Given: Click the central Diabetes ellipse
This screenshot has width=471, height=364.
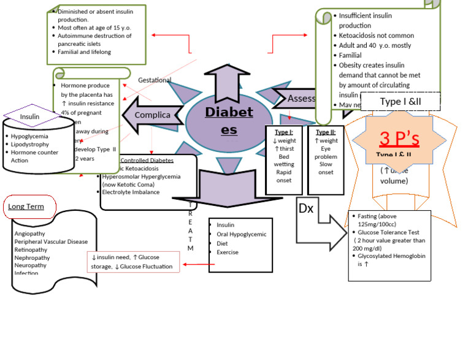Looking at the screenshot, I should [x=228, y=121].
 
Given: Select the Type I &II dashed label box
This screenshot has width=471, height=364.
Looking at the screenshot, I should [x=400, y=101].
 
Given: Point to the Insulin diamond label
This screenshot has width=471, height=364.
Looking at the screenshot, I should [x=29, y=116].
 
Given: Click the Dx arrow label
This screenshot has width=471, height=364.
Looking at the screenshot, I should [x=306, y=208].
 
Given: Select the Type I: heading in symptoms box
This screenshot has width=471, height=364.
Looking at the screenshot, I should [x=283, y=132].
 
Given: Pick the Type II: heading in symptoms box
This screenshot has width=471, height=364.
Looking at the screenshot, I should [x=325, y=132].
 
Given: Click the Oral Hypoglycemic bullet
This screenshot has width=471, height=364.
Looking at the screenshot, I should [x=241, y=233].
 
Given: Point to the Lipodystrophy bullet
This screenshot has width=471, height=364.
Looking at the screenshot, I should [x=33, y=144].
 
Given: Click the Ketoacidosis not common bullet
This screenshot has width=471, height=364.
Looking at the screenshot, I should [x=376, y=36].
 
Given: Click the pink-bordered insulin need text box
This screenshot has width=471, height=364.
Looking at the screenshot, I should [x=133, y=262].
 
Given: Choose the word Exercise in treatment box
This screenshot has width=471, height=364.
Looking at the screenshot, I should [x=228, y=252].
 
